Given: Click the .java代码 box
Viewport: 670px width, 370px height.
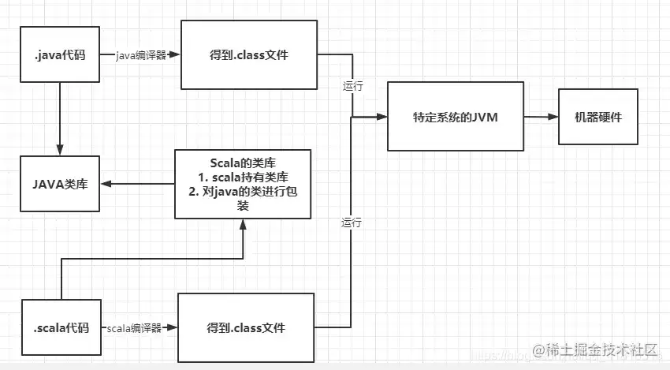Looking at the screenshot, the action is pyautogui.click(x=60, y=54).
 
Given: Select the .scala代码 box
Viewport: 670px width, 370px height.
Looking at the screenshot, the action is pyautogui.click(x=61, y=327).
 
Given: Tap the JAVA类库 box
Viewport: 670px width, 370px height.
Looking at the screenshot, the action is pyautogui.click(x=60, y=184).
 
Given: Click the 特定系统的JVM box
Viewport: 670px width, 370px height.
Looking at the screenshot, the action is pyautogui.click(x=456, y=116).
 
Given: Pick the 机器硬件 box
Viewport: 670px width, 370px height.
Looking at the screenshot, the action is pyautogui.click(x=598, y=117).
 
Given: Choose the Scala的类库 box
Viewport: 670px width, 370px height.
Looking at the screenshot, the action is pyautogui.click(x=243, y=184).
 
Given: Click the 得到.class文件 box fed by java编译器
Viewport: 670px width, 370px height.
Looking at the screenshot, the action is pyautogui.click(x=249, y=54).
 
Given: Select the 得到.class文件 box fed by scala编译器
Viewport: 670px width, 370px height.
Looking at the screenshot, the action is pyautogui.click(x=246, y=327).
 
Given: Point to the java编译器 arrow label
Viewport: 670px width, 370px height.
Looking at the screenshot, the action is pyautogui.click(x=140, y=55).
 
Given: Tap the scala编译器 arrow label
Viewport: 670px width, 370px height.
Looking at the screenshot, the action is pyautogui.click(x=134, y=328).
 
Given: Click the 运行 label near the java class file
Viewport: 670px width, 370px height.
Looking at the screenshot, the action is pyautogui.click(x=353, y=86).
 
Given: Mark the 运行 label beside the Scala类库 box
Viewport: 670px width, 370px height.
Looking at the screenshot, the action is pyautogui.click(x=352, y=222).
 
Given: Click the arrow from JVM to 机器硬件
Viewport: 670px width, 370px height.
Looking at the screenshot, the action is pyautogui.click(x=541, y=116).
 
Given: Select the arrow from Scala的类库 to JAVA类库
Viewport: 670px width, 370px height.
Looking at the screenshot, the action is pyautogui.click(x=138, y=184).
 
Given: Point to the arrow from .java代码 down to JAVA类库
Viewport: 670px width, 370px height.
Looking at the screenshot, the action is pyautogui.click(x=60, y=118).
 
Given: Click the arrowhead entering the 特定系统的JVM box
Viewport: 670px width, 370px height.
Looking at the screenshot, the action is pyautogui.click(x=382, y=116).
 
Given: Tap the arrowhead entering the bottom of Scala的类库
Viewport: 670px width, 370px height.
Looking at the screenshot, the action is pyautogui.click(x=243, y=224).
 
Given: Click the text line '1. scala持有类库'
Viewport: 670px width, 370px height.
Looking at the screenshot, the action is pyautogui.click(x=243, y=177).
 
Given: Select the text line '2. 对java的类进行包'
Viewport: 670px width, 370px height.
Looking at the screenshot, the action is pyautogui.click(x=243, y=191).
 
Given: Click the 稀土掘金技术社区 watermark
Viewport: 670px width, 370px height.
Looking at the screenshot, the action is pyautogui.click(x=595, y=350).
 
